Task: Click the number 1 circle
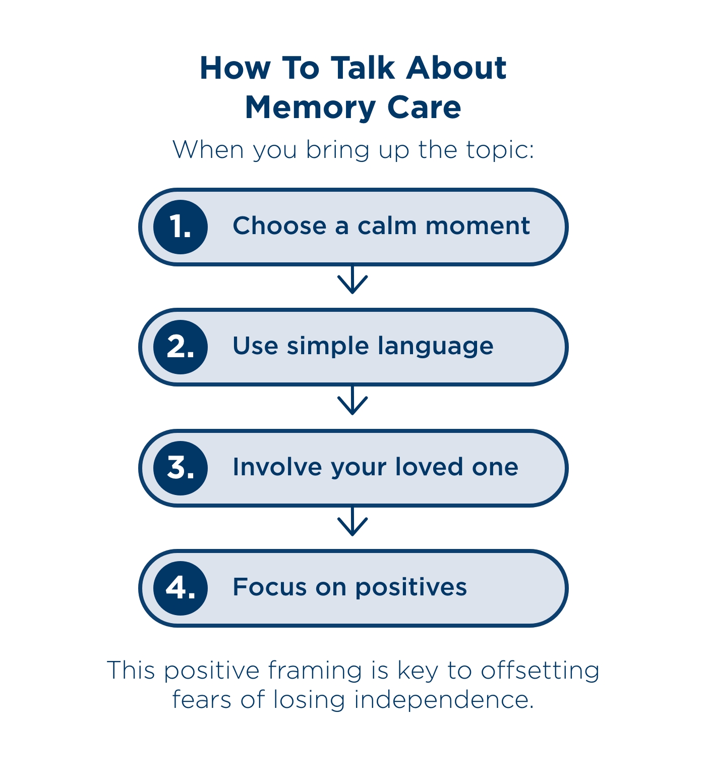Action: tap(181, 227)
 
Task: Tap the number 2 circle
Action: tap(181, 347)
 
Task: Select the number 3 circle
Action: tap(181, 468)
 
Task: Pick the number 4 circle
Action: tap(181, 588)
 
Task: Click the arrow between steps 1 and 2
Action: tap(352, 281)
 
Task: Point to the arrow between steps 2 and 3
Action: tap(352, 401)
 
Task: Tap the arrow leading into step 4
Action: tap(352, 522)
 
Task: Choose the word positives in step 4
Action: tap(410, 588)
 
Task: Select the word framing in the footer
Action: tap(315, 671)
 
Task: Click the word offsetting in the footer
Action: tap(540, 671)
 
